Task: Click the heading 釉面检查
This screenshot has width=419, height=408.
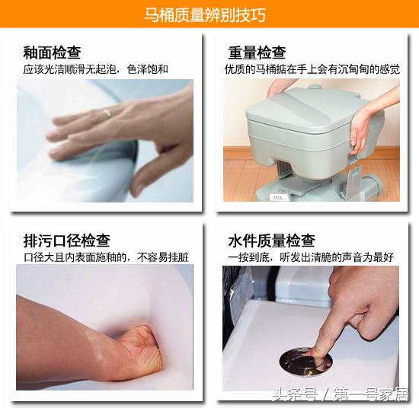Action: pyautogui.click(x=52, y=53)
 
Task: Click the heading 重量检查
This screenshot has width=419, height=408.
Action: pyautogui.click(x=257, y=53)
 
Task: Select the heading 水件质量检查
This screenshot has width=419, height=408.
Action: pyautogui.click(x=271, y=241)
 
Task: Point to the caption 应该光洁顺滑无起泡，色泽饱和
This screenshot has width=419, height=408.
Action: pyautogui.click(x=95, y=69)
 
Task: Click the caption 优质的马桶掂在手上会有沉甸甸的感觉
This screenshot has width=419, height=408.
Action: pyautogui.click(x=312, y=69)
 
